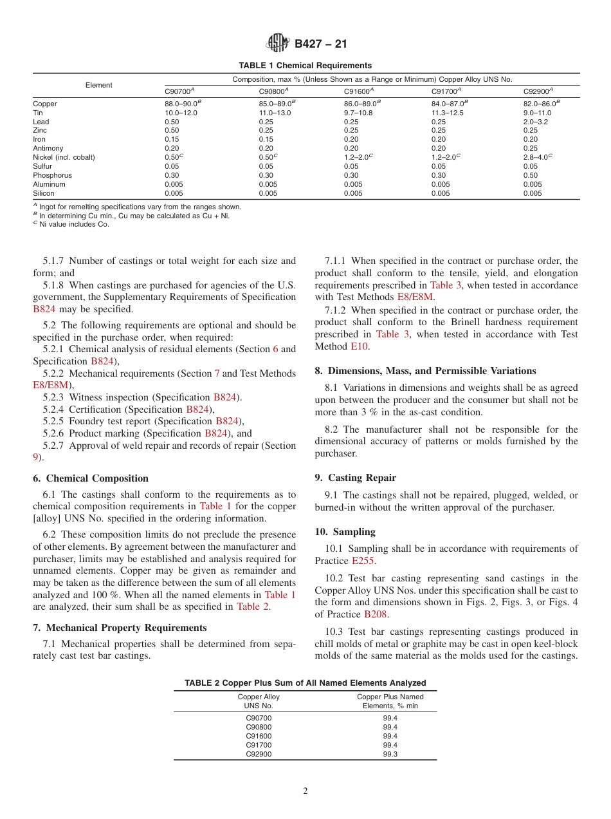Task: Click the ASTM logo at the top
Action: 278,43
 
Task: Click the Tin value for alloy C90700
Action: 181,113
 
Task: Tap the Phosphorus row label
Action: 52,175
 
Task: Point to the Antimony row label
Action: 48,148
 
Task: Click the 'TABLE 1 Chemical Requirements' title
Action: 305,66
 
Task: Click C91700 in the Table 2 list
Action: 259,745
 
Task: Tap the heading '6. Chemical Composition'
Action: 90,478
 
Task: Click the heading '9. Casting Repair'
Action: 355,478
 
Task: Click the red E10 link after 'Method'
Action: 360,346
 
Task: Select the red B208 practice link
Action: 376,614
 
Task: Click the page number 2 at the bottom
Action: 305,791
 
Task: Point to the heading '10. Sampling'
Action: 345,532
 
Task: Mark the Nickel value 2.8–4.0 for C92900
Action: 536,157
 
